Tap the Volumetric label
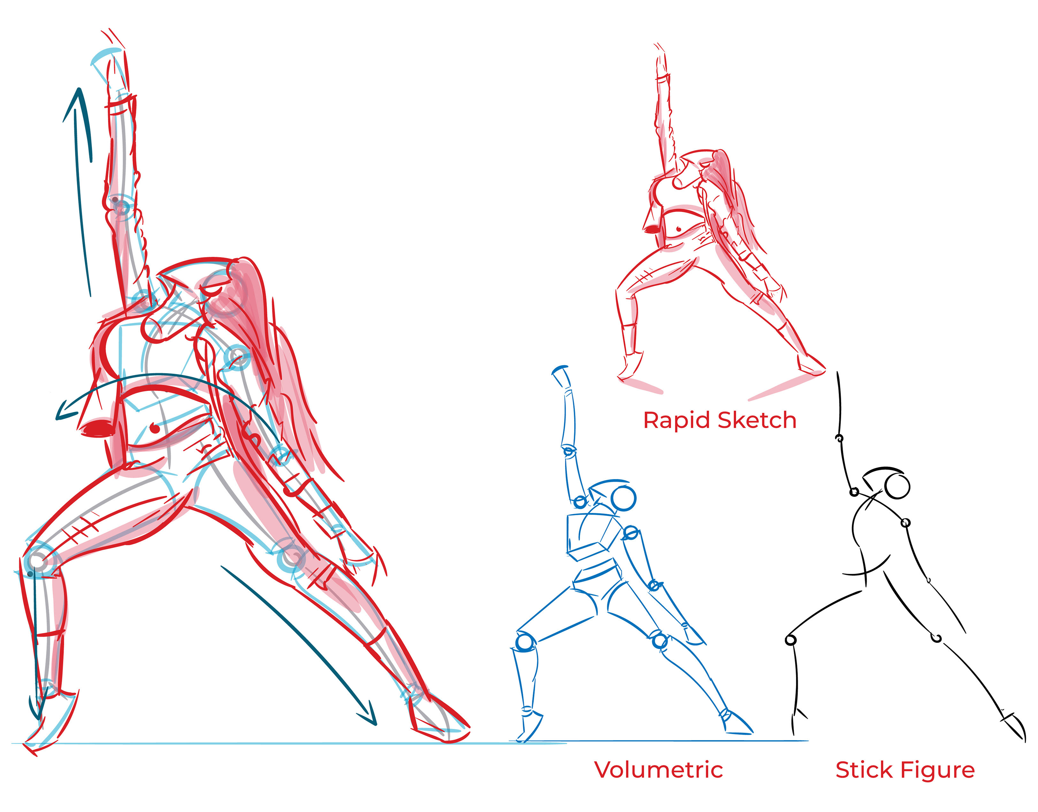(x=658, y=770)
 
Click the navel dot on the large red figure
(x=155, y=428)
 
